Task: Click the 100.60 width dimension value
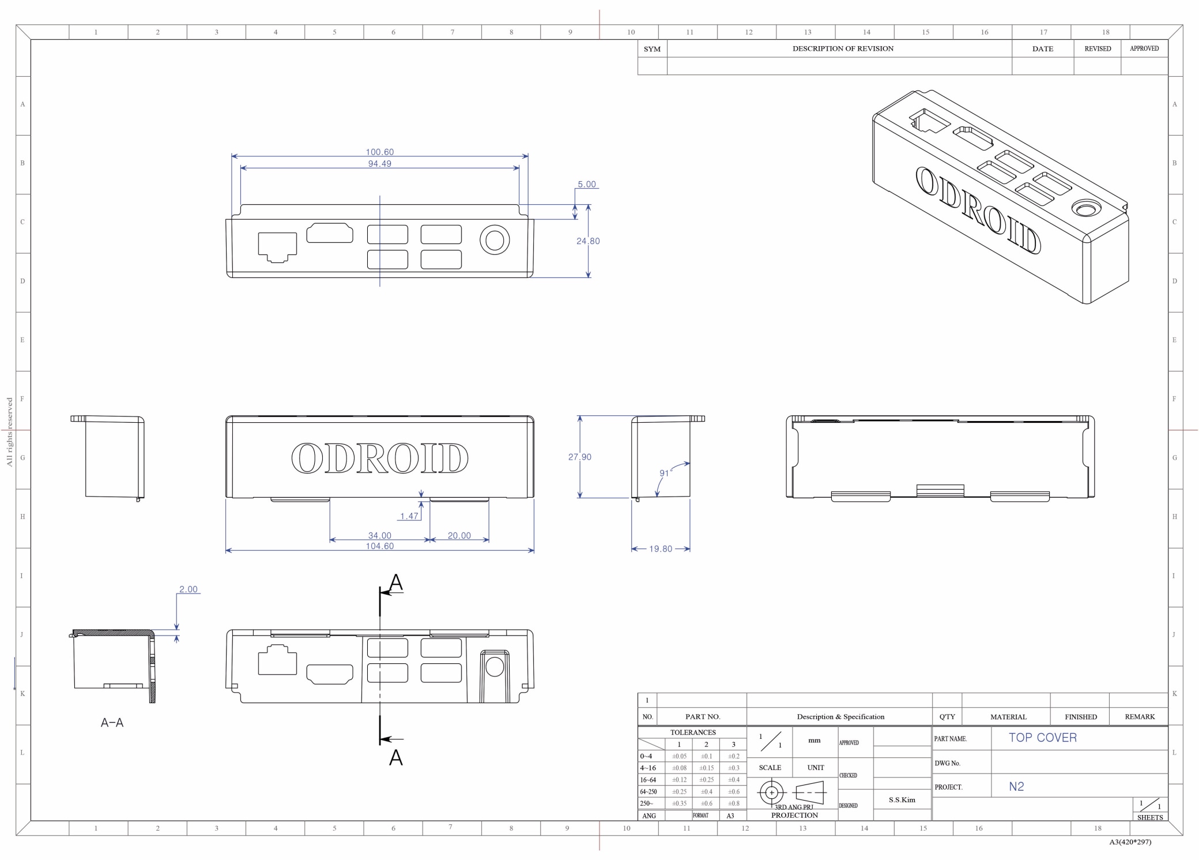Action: click(379, 152)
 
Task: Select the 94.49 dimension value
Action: click(379, 164)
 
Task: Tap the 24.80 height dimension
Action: click(588, 241)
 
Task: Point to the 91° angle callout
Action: click(665, 473)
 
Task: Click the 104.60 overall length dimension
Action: click(379, 546)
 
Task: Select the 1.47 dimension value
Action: click(409, 516)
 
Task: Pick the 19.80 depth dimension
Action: click(661, 549)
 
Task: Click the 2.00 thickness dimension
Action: click(188, 589)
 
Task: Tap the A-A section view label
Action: click(112, 723)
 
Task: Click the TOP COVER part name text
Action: click(1042, 738)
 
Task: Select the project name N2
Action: click(1016, 787)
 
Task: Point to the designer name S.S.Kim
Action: click(902, 800)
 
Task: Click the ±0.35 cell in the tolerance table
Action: click(679, 803)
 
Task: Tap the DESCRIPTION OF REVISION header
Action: click(843, 49)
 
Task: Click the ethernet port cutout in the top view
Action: click(277, 247)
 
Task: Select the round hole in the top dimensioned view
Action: click(495, 241)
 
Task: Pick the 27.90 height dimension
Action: click(579, 457)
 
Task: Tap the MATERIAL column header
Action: click(1008, 717)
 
